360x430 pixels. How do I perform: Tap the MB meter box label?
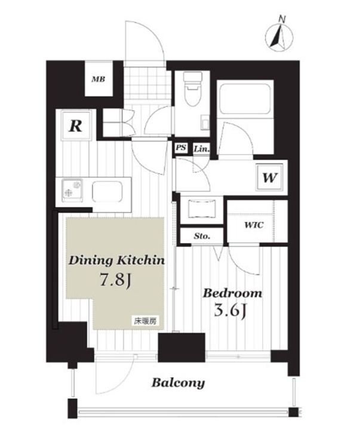coord(98,79)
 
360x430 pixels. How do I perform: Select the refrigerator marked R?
coord(76,125)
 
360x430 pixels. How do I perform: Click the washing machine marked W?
coord(269,177)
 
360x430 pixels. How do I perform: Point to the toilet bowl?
coord(192,90)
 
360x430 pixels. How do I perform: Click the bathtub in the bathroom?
coord(245,99)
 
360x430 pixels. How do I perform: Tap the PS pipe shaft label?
coord(181,148)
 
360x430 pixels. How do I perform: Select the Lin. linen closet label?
coord(202,149)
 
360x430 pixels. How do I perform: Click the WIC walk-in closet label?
coord(254,225)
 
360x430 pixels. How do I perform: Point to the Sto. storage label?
coord(202,236)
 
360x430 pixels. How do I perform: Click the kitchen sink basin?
coord(107,192)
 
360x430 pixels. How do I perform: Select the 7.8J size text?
coord(115,280)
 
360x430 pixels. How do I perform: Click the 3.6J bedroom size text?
coord(229,311)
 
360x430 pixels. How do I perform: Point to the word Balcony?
coord(179,383)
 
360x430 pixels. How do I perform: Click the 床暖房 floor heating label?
coord(145,321)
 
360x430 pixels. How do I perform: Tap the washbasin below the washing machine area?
coord(202,209)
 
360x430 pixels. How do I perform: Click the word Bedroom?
coord(232,293)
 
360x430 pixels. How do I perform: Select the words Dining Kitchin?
coord(117,260)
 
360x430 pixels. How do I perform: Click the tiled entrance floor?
coord(144,83)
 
